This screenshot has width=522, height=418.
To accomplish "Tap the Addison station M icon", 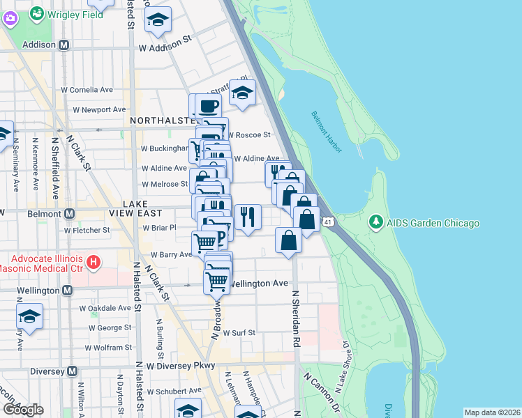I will click(x=64, y=45).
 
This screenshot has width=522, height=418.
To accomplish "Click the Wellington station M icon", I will click(x=67, y=290).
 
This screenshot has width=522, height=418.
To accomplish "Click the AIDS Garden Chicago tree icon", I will click(x=376, y=222).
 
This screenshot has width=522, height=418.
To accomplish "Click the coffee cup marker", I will click(x=209, y=106).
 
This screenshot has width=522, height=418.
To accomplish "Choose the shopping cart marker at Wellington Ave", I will click(x=216, y=281).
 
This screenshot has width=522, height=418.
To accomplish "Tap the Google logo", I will click(x=23, y=409).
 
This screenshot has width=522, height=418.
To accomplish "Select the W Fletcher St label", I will click(x=87, y=229).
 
